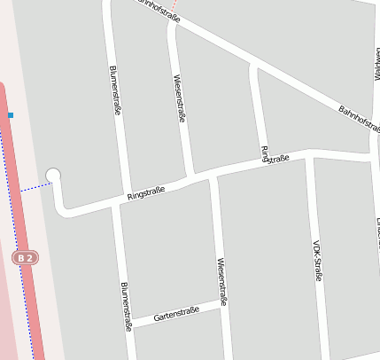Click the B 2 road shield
point(26,258)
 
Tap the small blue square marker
point(11,115)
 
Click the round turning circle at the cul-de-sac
point(53,176)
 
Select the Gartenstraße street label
point(176,314)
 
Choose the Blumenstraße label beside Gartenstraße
point(126,306)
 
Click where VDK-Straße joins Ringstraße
point(310,157)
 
